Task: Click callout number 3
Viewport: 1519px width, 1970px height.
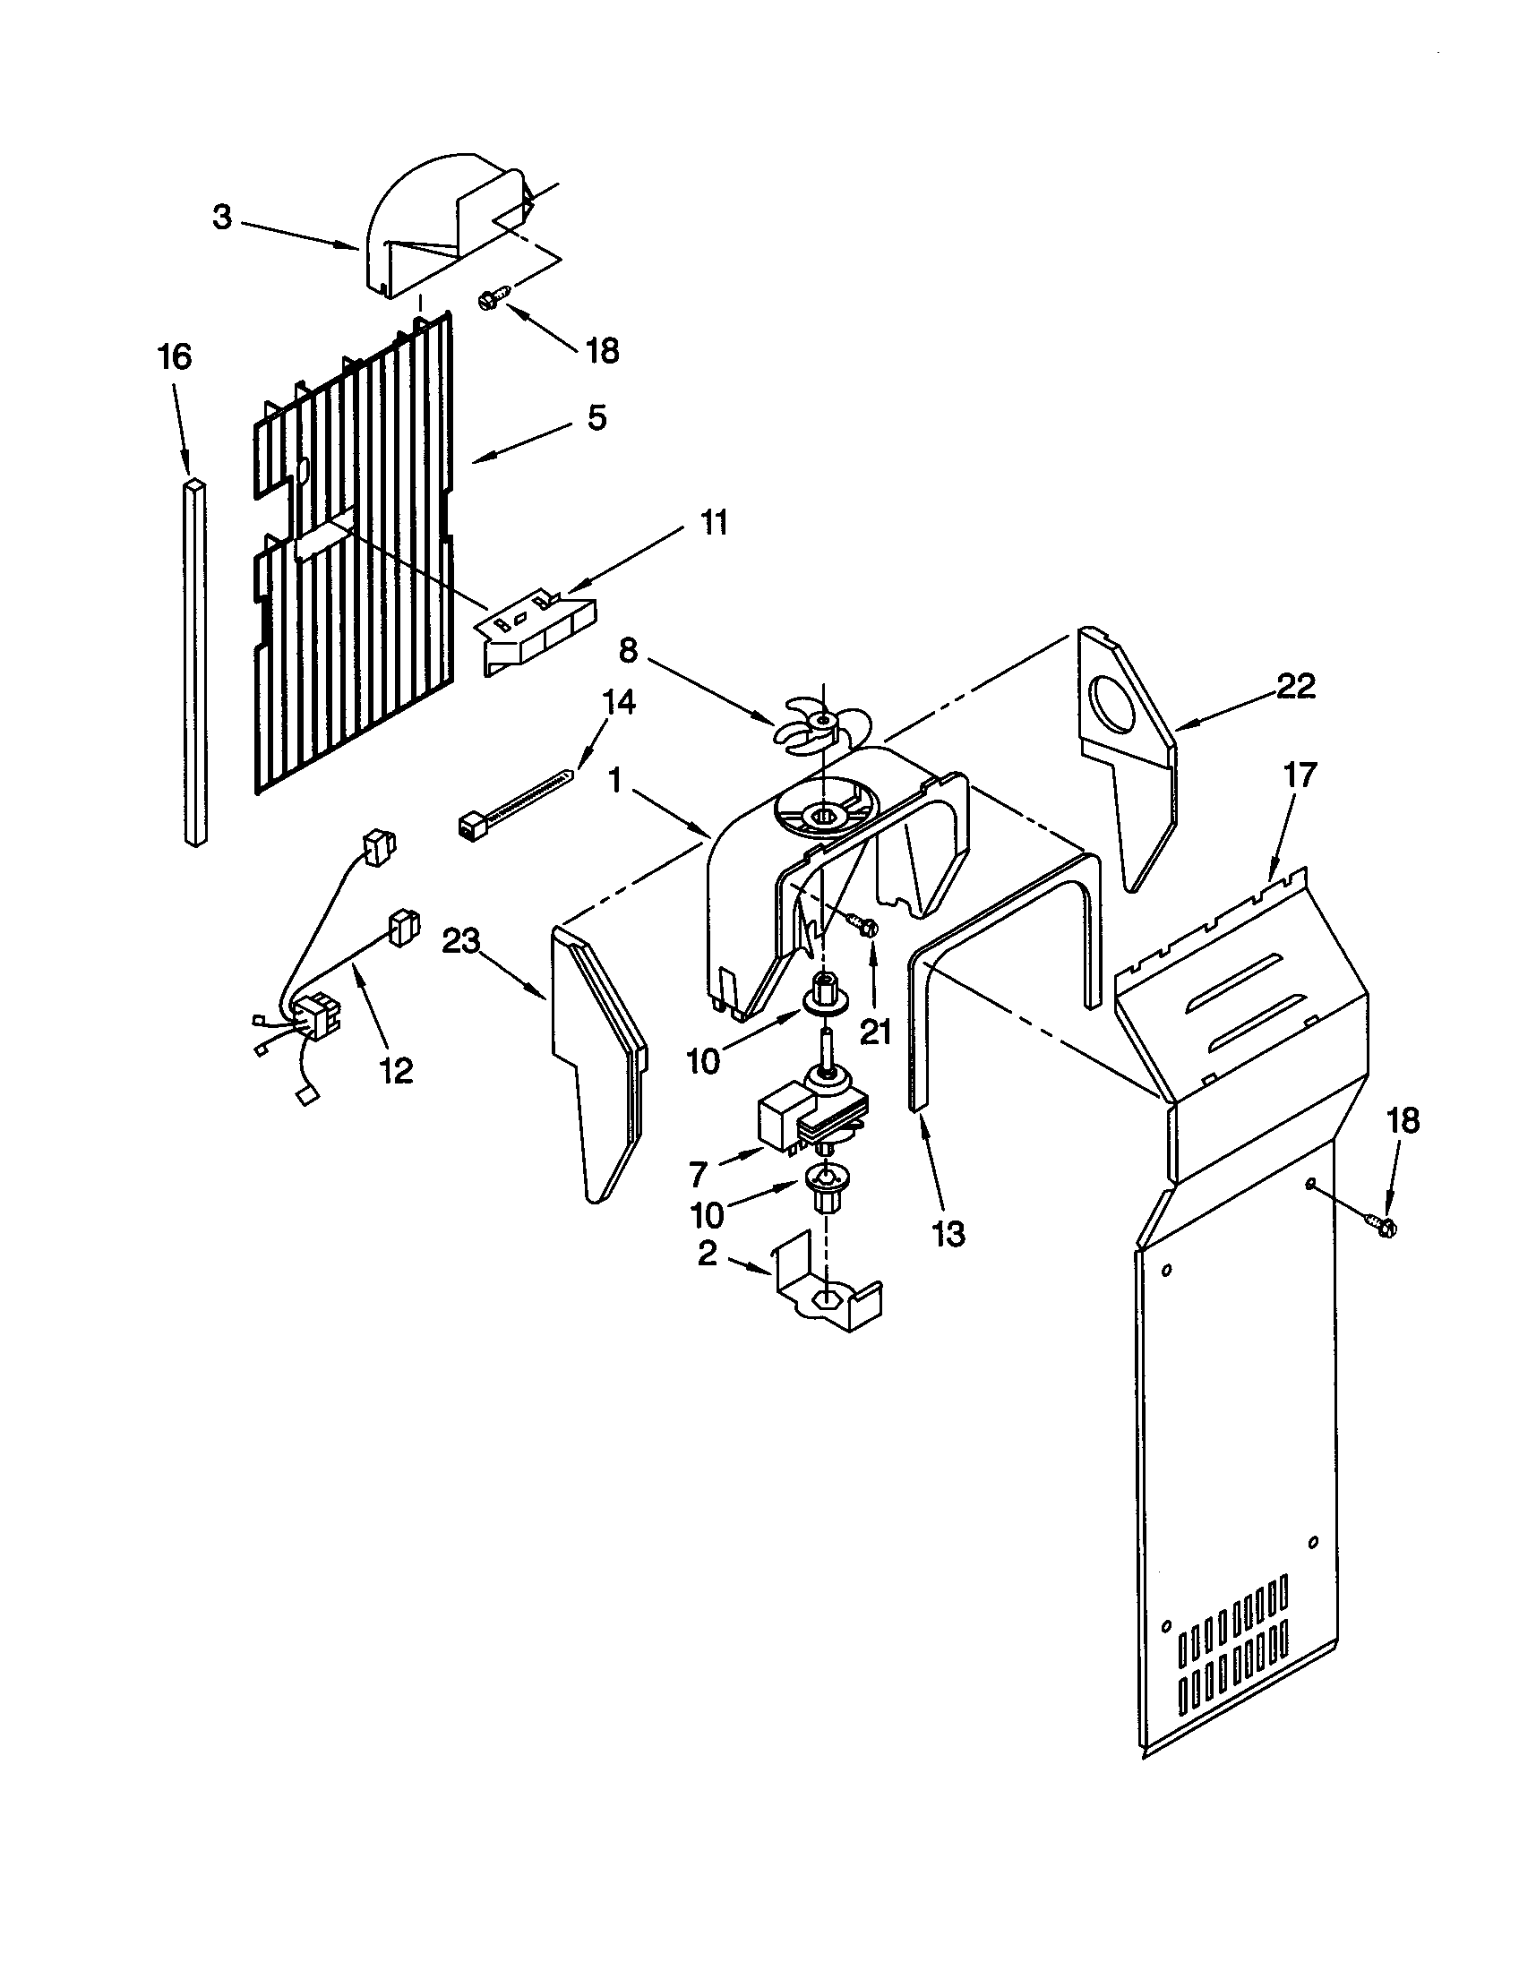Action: (222, 218)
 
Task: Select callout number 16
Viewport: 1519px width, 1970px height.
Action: (175, 357)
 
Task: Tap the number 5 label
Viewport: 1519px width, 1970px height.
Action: (597, 417)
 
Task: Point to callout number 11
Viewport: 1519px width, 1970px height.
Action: (715, 523)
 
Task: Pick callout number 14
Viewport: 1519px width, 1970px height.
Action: (618, 702)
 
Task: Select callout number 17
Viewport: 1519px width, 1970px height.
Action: (1298, 774)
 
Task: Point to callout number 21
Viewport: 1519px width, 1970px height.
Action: (875, 1030)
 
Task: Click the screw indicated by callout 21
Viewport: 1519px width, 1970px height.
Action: (863, 926)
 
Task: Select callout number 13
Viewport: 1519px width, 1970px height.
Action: (948, 1233)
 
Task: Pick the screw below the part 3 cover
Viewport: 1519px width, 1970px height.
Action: (495, 295)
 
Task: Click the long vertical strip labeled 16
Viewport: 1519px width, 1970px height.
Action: (196, 663)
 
